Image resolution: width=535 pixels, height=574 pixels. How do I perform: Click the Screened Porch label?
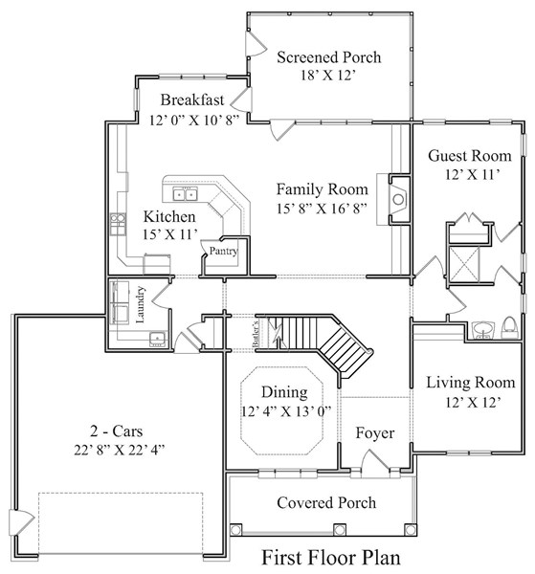(328, 57)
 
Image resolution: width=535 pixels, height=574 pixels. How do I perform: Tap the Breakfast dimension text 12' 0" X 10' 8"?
(194, 121)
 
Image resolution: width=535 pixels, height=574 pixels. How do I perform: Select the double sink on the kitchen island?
(185, 194)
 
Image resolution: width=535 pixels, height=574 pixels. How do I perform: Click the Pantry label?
(223, 251)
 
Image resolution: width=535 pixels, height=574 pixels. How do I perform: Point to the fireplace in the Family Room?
(398, 199)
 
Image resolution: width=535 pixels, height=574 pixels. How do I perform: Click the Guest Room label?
(470, 156)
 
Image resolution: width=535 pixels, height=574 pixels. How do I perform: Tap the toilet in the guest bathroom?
(509, 327)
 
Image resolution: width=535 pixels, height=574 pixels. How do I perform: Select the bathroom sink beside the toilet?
(483, 329)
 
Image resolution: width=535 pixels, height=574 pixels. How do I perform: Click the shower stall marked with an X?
(464, 264)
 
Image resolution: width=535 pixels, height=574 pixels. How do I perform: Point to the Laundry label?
(141, 304)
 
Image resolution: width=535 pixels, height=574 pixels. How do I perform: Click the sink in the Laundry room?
(158, 338)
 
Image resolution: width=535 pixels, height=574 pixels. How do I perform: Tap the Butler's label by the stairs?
(256, 334)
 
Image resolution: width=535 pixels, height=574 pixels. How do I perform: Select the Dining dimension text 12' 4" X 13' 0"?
(285, 411)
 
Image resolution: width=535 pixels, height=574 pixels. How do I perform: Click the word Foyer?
(375, 433)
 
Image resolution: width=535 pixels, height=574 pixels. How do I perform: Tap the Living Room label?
(471, 383)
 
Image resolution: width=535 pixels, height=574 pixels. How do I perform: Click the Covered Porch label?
(326, 502)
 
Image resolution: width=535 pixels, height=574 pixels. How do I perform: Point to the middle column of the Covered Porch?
(339, 530)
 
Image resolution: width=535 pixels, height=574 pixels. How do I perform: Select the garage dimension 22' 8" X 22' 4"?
(120, 450)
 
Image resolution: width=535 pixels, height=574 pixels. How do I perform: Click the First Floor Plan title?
(331, 558)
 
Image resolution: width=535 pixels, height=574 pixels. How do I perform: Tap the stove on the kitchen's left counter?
(118, 224)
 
